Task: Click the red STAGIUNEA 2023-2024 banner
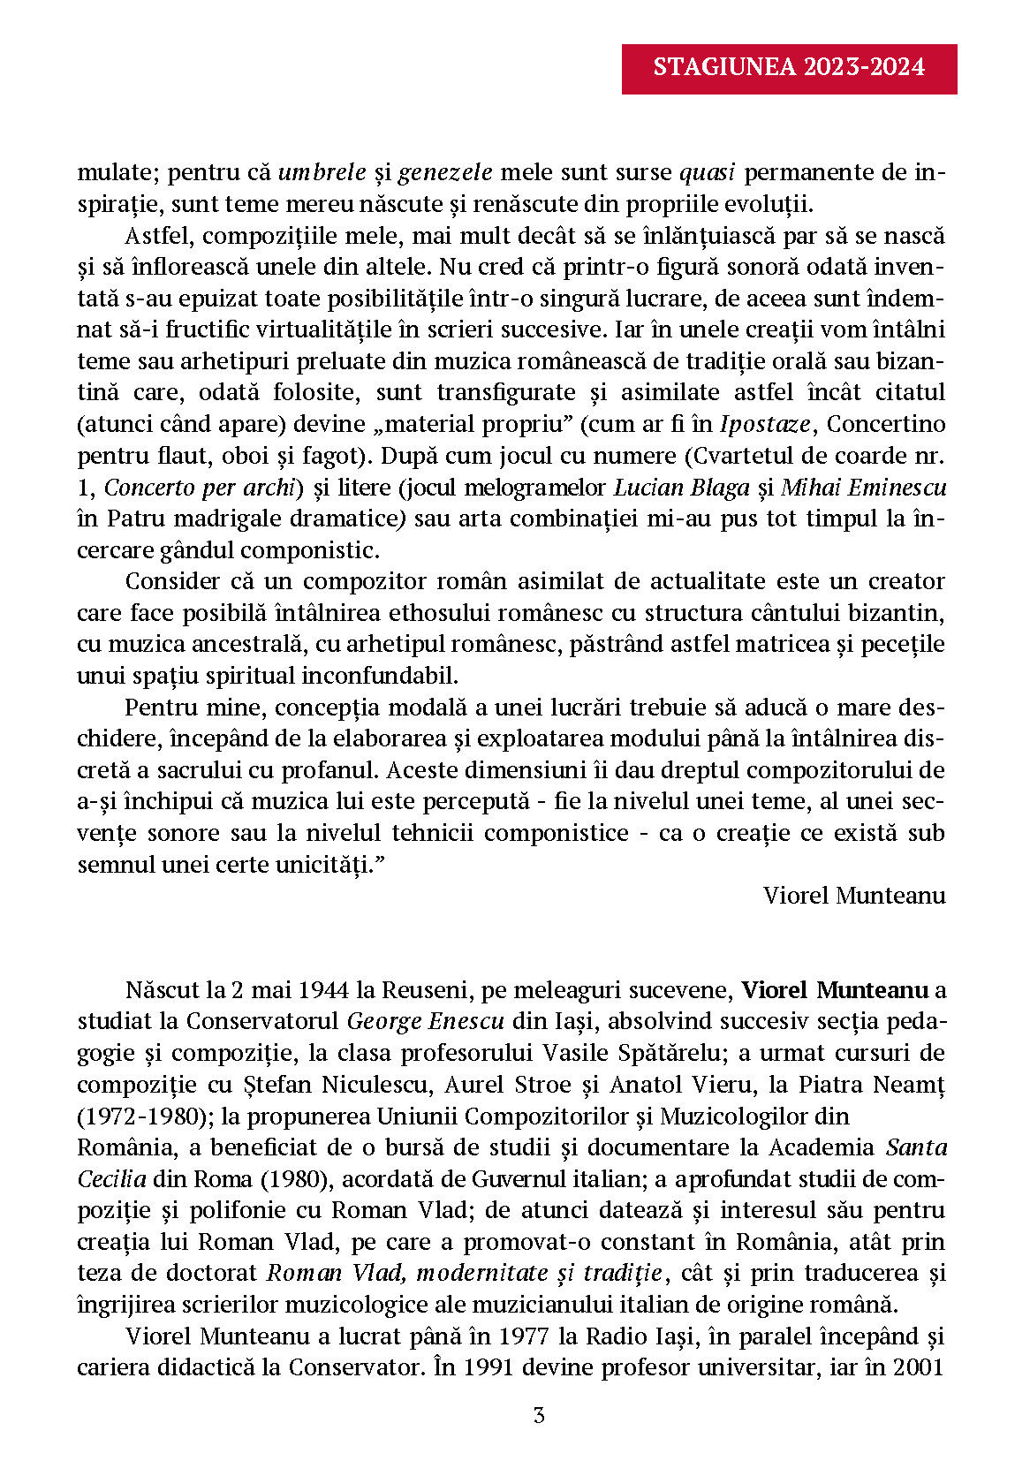tap(789, 68)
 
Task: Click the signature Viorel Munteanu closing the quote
tap(854, 896)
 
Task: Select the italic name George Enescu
tap(426, 1022)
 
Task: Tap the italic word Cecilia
tap(111, 1179)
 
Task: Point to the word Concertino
tap(886, 424)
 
